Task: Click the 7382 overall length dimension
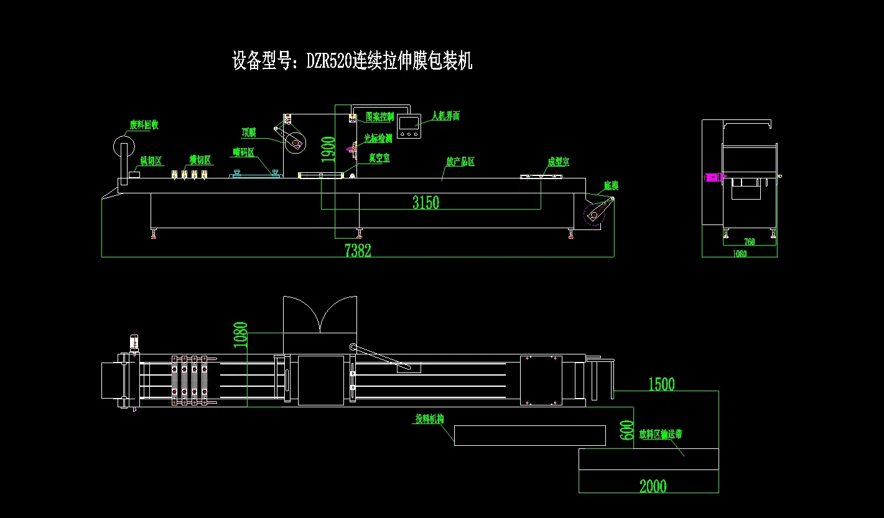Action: pyautogui.click(x=358, y=251)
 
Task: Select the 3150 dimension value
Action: pyautogui.click(x=426, y=202)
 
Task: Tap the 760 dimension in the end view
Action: pyautogui.click(x=749, y=242)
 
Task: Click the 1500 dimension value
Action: pyautogui.click(x=661, y=384)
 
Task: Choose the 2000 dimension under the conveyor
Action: pyautogui.click(x=653, y=486)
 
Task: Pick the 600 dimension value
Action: pyautogui.click(x=627, y=430)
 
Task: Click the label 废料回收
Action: pyautogui.click(x=144, y=125)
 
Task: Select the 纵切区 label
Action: pyautogui.click(x=151, y=161)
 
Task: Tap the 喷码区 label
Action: pyautogui.click(x=244, y=152)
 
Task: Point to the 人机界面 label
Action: pyautogui.click(x=445, y=116)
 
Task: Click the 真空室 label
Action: pyautogui.click(x=379, y=158)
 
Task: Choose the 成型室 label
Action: pyautogui.click(x=558, y=162)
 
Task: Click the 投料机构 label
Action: pyautogui.click(x=430, y=419)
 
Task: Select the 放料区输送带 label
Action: pyautogui.click(x=660, y=434)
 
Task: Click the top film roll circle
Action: pyautogui.click(x=295, y=144)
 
